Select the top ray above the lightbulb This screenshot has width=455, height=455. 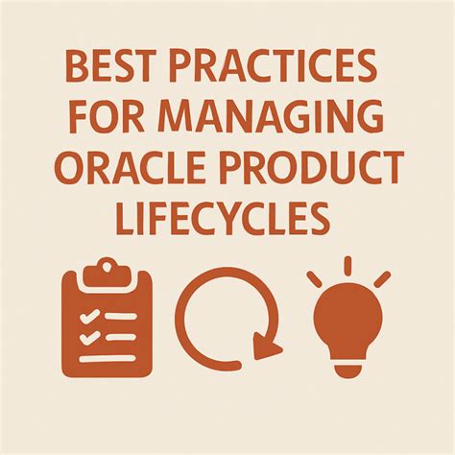347,264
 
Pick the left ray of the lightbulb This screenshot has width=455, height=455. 313,278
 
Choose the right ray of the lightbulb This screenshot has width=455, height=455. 381,278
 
